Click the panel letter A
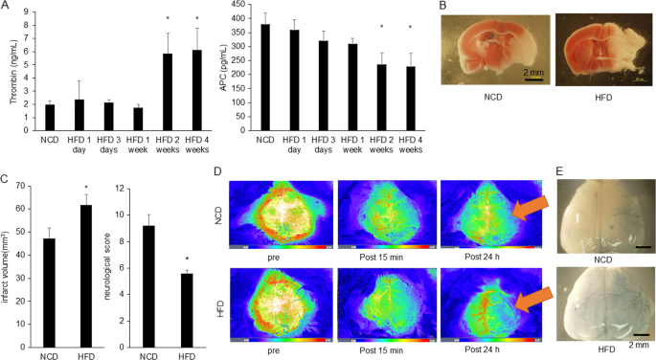(x=8, y=8)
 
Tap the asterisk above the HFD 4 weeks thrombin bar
(x=196, y=18)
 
